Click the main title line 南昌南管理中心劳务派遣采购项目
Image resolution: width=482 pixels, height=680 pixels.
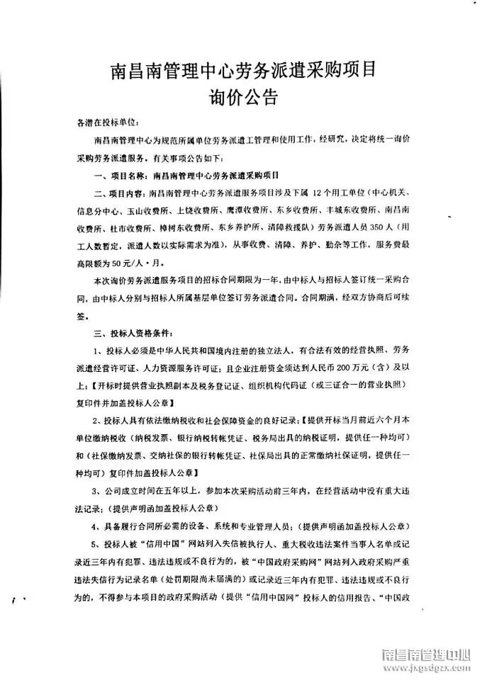[241, 70]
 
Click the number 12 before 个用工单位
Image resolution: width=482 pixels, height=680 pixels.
[317, 193]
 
